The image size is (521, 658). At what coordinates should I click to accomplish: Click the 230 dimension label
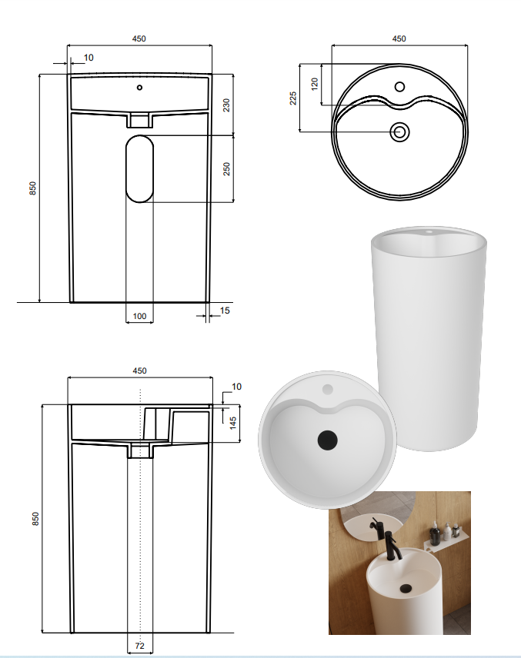coord(226,105)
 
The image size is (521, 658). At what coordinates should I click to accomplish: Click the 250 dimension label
coord(226,168)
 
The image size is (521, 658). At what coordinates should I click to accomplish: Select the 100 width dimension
coord(139,316)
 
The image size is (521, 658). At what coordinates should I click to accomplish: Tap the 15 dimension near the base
coord(225,311)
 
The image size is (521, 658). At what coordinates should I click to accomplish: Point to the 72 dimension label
coord(139,646)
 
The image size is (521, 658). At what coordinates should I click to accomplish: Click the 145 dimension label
coord(233,423)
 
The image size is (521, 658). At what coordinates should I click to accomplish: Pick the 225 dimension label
coord(293,98)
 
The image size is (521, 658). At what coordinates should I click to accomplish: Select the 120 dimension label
coord(314,84)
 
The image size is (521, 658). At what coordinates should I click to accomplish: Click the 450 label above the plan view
coord(399,38)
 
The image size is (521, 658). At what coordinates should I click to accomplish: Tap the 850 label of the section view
coord(35,518)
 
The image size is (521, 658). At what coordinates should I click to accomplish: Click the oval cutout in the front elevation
coord(139,168)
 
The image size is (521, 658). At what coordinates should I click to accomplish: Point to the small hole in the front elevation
coord(139,88)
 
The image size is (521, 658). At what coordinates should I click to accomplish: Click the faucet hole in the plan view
coord(399,87)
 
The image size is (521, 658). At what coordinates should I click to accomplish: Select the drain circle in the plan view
coord(399,132)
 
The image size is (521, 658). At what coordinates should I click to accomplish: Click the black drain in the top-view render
coord(327,440)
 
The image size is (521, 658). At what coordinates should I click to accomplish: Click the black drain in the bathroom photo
coord(406,588)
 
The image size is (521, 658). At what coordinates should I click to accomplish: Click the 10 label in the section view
coord(236,387)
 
